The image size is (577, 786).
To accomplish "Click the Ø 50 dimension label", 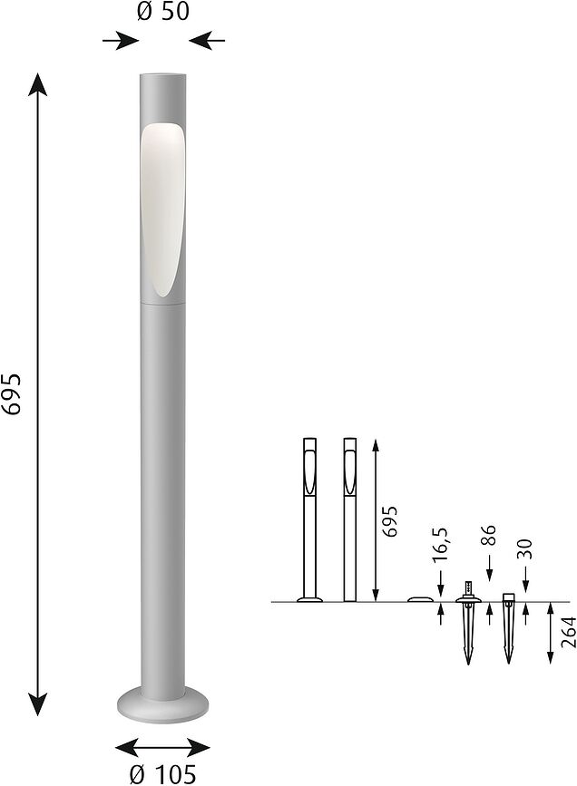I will (163, 14).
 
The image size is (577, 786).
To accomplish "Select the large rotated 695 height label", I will (12, 393).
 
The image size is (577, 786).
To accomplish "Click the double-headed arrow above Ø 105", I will (163, 748).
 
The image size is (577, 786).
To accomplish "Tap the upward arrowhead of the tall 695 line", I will (37, 86).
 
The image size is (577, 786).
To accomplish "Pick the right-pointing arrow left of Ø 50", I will (121, 41).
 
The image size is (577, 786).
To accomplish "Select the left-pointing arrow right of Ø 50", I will (207, 41).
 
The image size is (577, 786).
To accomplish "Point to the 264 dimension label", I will (568, 632).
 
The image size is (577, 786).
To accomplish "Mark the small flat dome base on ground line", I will (420, 599).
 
